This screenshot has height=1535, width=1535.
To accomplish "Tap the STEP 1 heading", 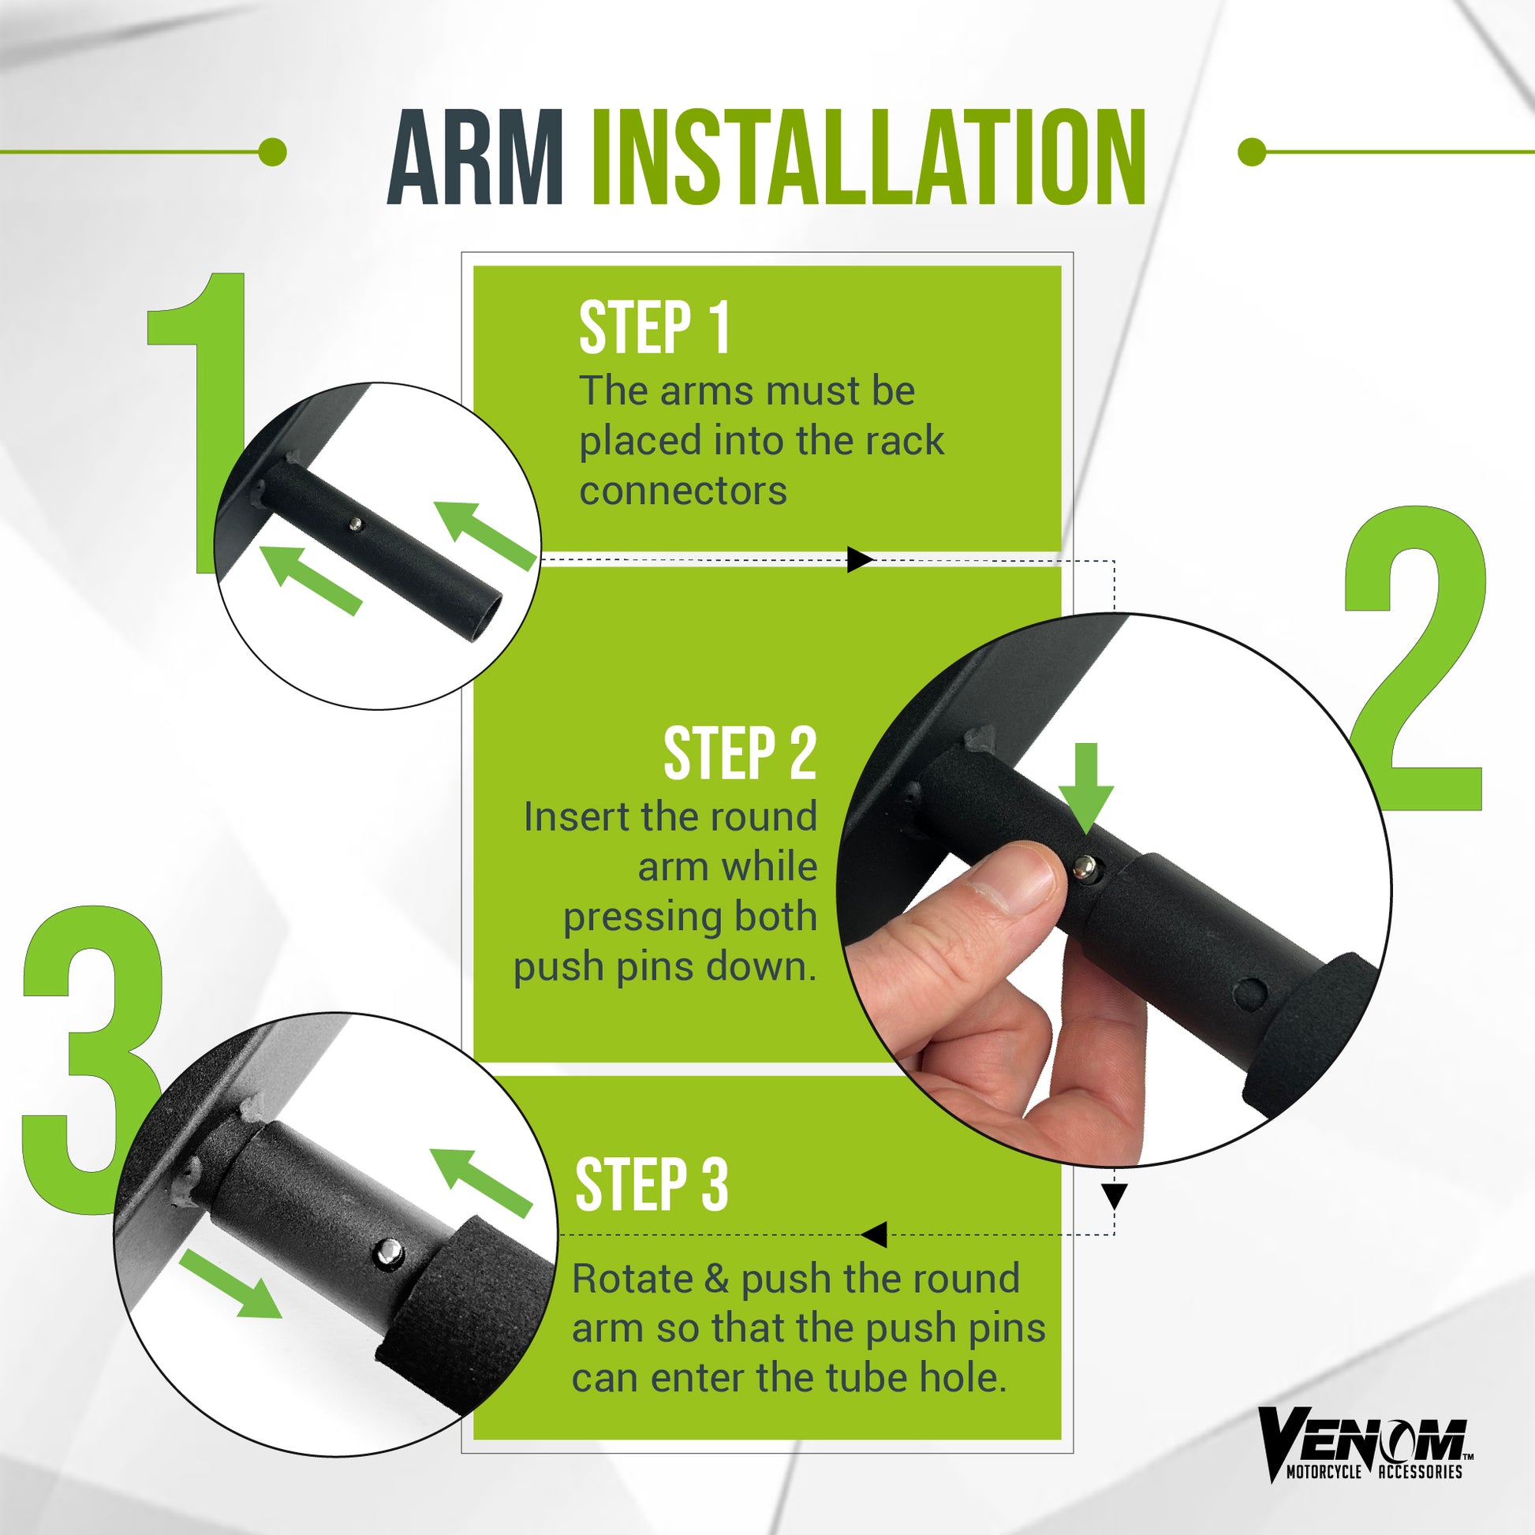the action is point(654,327).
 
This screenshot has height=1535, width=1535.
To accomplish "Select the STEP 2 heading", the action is point(740,753).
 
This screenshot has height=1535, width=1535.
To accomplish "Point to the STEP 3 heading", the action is point(652,1185).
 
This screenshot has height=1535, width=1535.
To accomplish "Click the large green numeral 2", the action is point(1414,659).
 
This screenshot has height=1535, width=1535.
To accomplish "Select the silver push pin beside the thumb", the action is point(1084,868).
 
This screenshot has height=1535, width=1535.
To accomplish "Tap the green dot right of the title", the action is point(1252,151).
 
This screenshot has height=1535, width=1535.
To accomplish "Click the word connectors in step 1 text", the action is point(683,491).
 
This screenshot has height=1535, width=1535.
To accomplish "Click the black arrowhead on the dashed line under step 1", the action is point(861,559).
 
